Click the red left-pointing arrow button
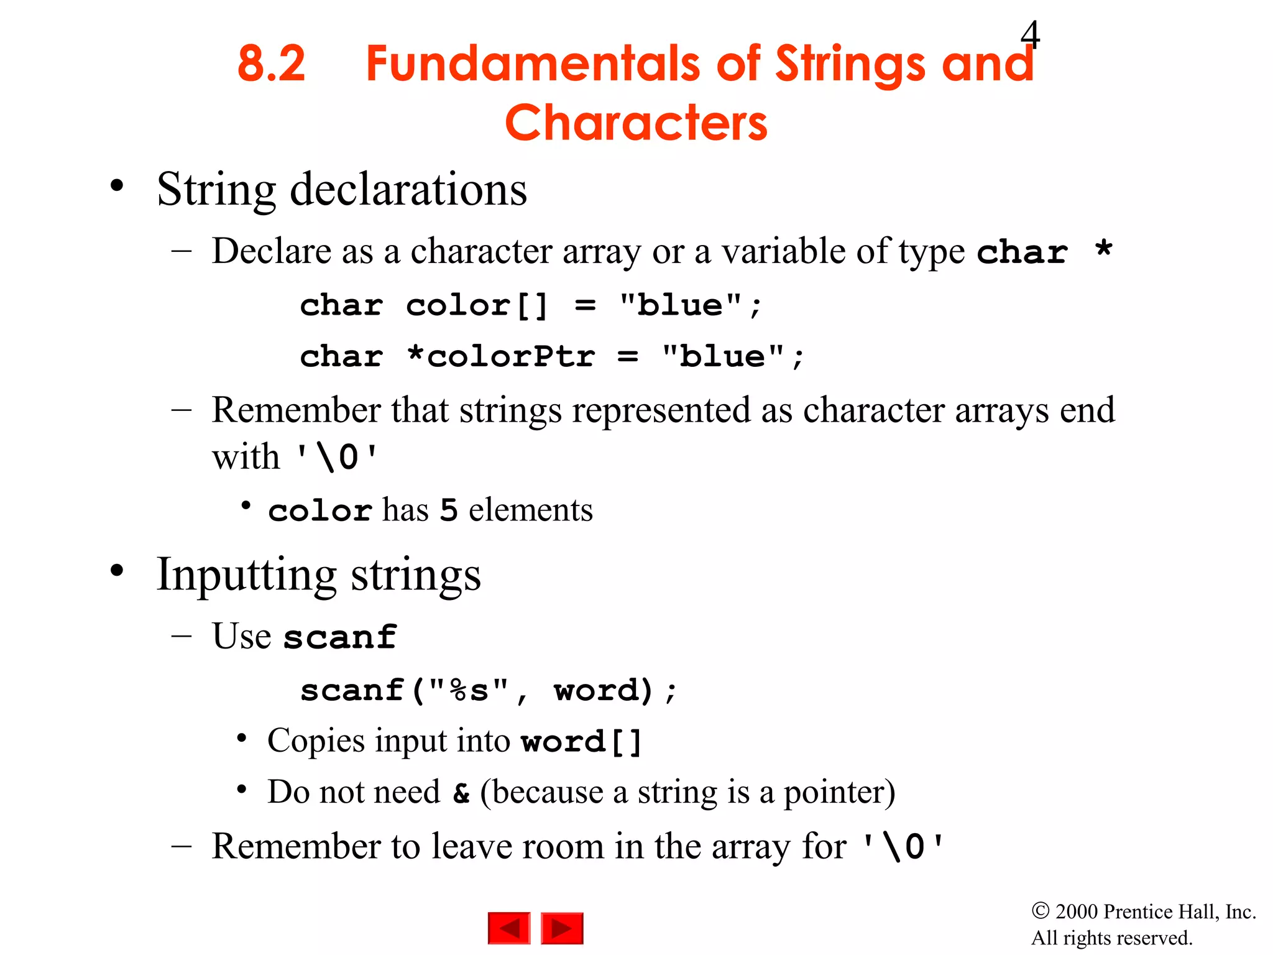(x=509, y=928)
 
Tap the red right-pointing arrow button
(x=562, y=928)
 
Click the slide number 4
(x=1030, y=35)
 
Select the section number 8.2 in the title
(x=272, y=63)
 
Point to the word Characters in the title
(x=636, y=123)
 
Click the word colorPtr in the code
(x=511, y=357)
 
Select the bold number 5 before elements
(x=449, y=510)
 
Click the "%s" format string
(x=469, y=690)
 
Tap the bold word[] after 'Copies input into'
(x=581, y=742)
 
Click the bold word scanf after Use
(x=340, y=637)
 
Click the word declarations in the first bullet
(x=408, y=190)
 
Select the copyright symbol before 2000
(x=1040, y=911)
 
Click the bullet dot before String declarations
(x=117, y=186)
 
